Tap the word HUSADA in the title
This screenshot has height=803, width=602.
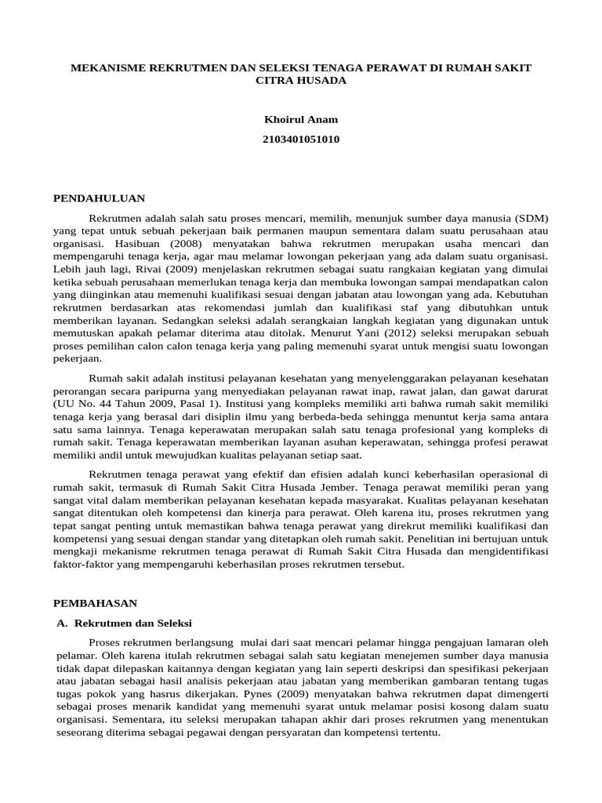coord(318,81)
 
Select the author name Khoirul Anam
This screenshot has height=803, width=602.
coord(300,120)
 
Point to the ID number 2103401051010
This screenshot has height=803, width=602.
coord(300,140)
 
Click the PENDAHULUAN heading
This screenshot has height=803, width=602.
coord(99,198)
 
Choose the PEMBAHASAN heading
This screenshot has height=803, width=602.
coord(95,603)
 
